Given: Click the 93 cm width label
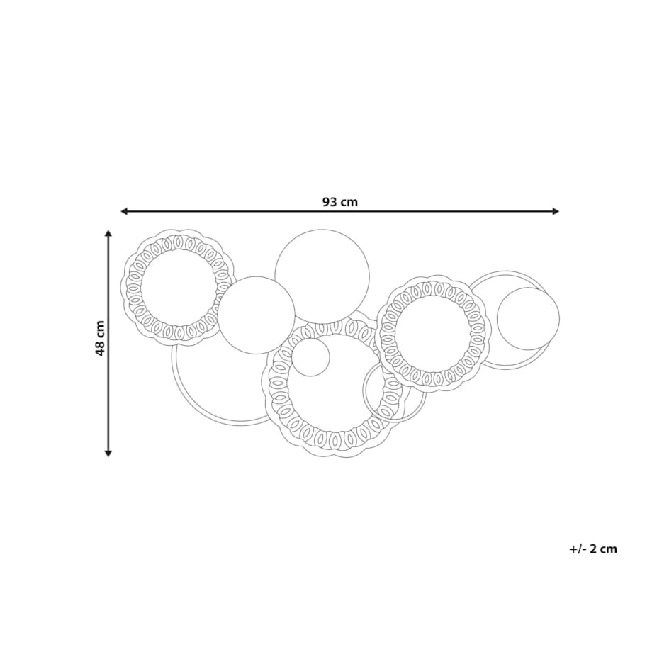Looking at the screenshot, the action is tap(340, 202).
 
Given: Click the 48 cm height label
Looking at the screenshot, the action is tap(100, 338).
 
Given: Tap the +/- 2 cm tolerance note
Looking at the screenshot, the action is tap(593, 549).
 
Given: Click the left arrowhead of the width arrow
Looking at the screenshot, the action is tap(123, 212).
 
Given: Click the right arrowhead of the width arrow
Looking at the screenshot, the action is tap(556, 212).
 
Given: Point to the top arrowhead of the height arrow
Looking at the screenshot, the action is tap(108, 233).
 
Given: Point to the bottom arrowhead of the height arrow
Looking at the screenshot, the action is tap(108, 454).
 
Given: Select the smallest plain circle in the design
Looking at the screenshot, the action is tap(310, 357).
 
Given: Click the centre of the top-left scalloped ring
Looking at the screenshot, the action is tap(179, 286).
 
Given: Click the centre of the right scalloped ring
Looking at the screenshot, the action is tap(433, 332).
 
